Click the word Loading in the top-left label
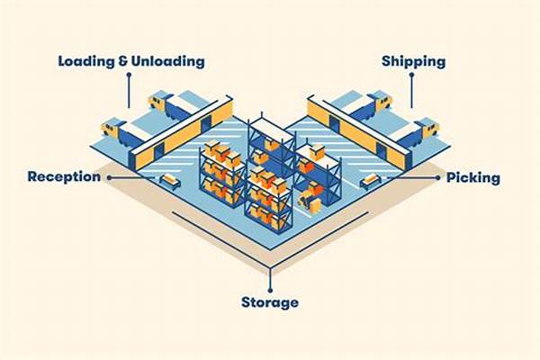pyautogui.click(x=86, y=62)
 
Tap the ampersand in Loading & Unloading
pyautogui.click(x=123, y=61)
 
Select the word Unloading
pyautogui.click(x=168, y=62)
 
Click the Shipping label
pyautogui.click(x=414, y=62)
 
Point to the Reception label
pyautogui.click(x=65, y=177)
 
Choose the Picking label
pyautogui.click(x=473, y=178)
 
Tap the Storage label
pyautogui.click(x=270, y=302)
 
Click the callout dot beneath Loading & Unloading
pyautogui.click(x=129, y=75)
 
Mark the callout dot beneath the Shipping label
pyautogui.click(x=411, y=75)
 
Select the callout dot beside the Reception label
pyautogui.click(x=109, y=178)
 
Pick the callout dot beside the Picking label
pyautogui.click(x=437, y=178)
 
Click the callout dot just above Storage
pyautogui.click(x=270, y=291)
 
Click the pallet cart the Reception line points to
pyautogui.click(x=170, y=181)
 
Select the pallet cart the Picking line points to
pyautogui.click(x=371, y=181)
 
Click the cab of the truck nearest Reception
pyautogui.click(x=111, y=128)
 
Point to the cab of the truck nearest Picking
pyautogui.click(x=428, y=127)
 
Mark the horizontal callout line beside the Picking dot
pyautogui.click(x=411, y=178)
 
